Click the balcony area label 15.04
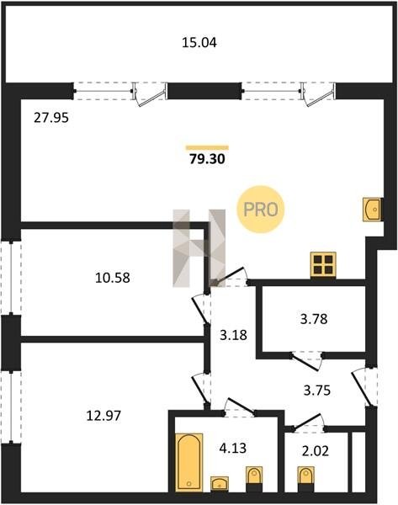tap(199, 43)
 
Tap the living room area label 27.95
tap(51, 118)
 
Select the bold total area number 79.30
tap(207, 159)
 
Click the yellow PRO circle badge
tap(261, 210)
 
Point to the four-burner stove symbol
tap(323, 265)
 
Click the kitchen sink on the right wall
tap(373, 210)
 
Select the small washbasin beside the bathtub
tap(220, 483)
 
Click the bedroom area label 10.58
tap(113, 278)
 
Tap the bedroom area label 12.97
tap(103, 416)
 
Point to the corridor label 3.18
tap(233, 335)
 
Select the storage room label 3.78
tap(314, 319)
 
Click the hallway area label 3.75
tap(317, 391)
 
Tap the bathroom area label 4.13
tap(233, 448)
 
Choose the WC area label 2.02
tap(316, 451)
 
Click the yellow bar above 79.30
tap(207, 148)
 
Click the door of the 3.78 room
tap(306, 362)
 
